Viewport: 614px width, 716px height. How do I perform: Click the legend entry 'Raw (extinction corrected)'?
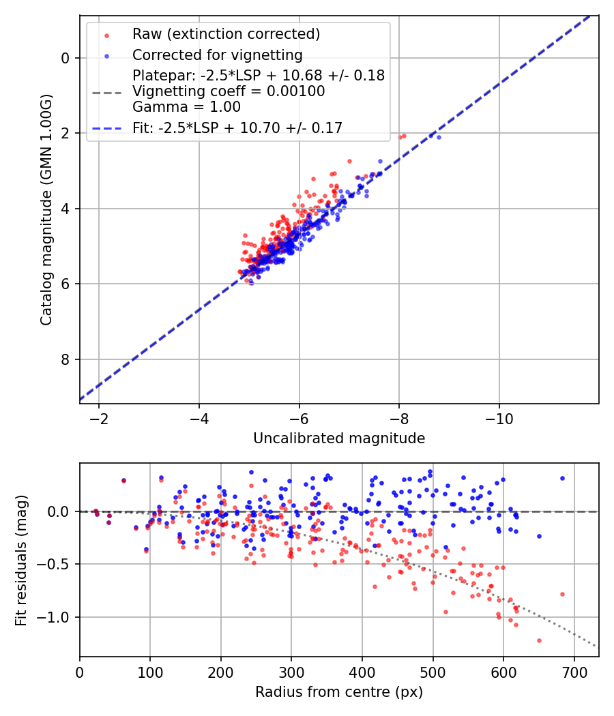(x=226, y=34)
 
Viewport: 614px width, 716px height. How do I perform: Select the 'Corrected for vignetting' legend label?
(x=217, y=55)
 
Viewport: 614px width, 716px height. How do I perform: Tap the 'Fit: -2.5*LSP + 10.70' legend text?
(x=237, y=128)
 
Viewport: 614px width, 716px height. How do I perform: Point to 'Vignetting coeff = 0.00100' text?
(x=229, y=91)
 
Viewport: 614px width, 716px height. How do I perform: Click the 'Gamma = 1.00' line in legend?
(x=186, y=106)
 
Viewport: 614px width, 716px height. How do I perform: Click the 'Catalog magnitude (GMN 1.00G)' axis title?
(x=46, y=209)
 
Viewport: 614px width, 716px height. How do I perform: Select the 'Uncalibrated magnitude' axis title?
(x=339, y=438)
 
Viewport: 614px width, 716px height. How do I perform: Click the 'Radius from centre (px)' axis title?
(x=339, y=692)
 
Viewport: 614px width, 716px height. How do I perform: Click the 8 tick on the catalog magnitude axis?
(x=65, y=359)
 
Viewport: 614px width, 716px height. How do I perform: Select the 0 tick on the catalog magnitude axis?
(x=65, y=58)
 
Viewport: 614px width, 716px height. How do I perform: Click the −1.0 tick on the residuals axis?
(x=57, y=617)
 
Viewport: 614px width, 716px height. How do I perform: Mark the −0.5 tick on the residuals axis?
(x=57, y=565)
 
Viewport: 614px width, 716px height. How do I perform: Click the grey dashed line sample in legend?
(x=106, y=91)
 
